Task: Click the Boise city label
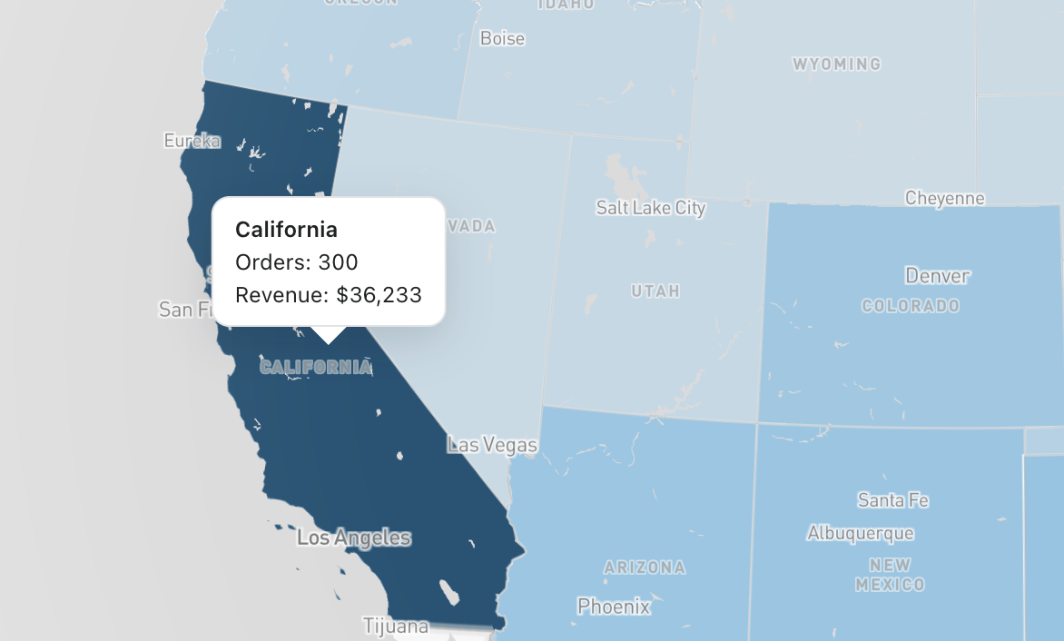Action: [502, 39]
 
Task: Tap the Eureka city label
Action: [192, 141]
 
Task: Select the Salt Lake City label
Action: [650, 208]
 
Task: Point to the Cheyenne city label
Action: [944, 198]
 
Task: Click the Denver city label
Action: [937, 275]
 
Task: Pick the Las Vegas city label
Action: [492, 446]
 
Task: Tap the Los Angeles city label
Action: [353, 538]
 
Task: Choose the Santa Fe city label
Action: [892, 500]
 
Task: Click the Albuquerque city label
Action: [860, 533]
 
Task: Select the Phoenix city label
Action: [614, 606]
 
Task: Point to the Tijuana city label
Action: [395, 626]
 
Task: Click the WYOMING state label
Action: [836, 64]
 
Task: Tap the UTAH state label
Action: [655, 291]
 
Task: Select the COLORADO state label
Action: [910, 306]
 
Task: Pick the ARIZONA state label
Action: [645, 568]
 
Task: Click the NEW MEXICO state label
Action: [890, 575]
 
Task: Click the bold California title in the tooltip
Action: [286, 230]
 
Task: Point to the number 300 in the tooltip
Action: [338, 262]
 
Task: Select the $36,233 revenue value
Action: [379, 294]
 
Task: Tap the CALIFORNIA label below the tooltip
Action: [315, 367]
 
